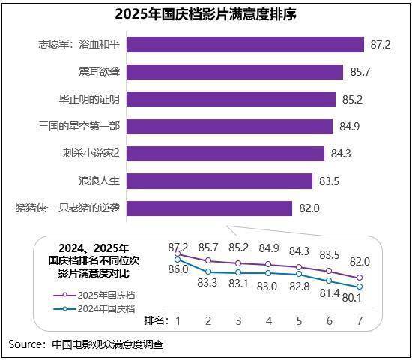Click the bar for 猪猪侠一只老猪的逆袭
[x=209, y=208]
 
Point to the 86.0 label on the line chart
[x=177, y=269]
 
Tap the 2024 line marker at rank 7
[x=360, y=286]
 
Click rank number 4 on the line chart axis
[x=269, y=320]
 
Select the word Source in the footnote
[x=25, y=344]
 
